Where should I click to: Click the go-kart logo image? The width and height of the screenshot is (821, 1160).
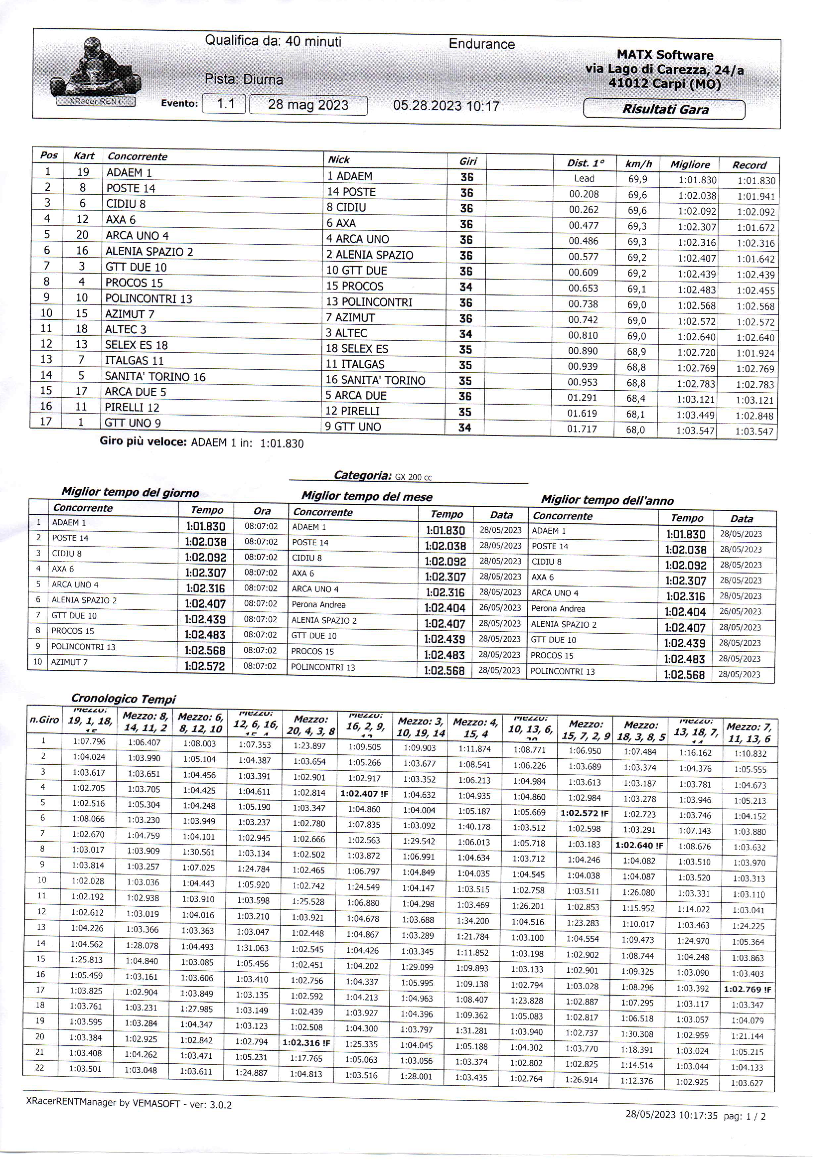(95, 71)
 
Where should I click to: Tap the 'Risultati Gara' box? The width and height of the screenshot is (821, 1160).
(664, 109)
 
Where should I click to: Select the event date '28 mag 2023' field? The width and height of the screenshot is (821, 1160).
(308, 105)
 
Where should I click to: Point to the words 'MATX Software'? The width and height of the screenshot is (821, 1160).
(664, 55)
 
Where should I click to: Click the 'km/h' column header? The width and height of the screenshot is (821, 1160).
(639, 164)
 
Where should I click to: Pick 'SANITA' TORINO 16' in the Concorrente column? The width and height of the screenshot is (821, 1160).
(154, 376)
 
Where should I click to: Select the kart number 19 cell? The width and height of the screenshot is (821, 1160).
(83, 172)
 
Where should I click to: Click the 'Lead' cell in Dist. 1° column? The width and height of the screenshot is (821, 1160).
(584, 178)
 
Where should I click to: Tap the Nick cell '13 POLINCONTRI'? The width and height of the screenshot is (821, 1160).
(369, 302)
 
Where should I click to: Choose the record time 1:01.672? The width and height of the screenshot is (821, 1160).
(755, 227)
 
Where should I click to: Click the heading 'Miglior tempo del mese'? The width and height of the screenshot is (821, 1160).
(367, 497)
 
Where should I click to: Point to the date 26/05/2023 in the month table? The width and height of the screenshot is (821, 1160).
(500, 607)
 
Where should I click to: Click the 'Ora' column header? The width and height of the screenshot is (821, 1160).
(261, 511)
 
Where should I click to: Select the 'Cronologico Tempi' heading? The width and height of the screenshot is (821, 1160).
(123, 699)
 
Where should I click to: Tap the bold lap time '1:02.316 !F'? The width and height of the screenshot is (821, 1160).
(306, 1042)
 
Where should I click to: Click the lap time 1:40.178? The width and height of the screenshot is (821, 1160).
(474, 827)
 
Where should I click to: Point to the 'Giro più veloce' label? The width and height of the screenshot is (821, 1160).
(144, 441)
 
